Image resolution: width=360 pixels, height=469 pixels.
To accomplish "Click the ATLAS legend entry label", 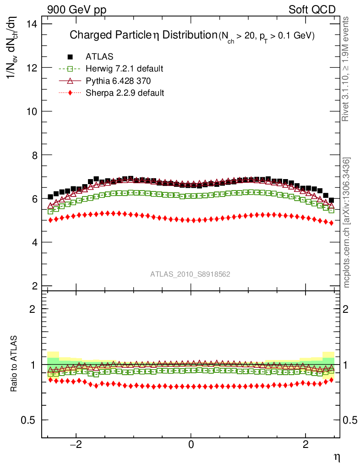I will pyautogui.click(x=99, y=57).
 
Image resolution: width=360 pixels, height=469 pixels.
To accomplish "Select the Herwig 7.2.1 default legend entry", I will pyautogui.click(x=124, y=69).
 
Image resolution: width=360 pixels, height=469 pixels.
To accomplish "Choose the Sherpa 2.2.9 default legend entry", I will pyautogui.click(x=125, y=93).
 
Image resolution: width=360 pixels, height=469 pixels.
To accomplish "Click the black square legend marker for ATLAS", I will pyautogui.click(x=70, y=57).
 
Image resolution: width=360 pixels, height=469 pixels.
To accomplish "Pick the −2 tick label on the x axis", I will pyautogui.click(x=76, y=445).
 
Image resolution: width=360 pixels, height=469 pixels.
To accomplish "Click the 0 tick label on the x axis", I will pyautogui.click(x=191, y=445).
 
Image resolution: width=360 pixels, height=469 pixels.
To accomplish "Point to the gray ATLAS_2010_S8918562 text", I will pyautogui.click(x=191, y=274).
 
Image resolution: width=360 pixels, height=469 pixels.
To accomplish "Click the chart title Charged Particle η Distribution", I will pyautogui.click(x=143, y=35).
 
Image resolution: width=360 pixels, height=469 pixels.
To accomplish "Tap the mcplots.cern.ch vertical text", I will pyautogui.click(x=347, y=223).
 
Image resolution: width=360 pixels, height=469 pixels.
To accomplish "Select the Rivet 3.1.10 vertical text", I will pyautogui.click(x=347, y=69).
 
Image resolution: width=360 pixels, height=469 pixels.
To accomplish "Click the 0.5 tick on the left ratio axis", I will pyautogui.click(x=31, y=420).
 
